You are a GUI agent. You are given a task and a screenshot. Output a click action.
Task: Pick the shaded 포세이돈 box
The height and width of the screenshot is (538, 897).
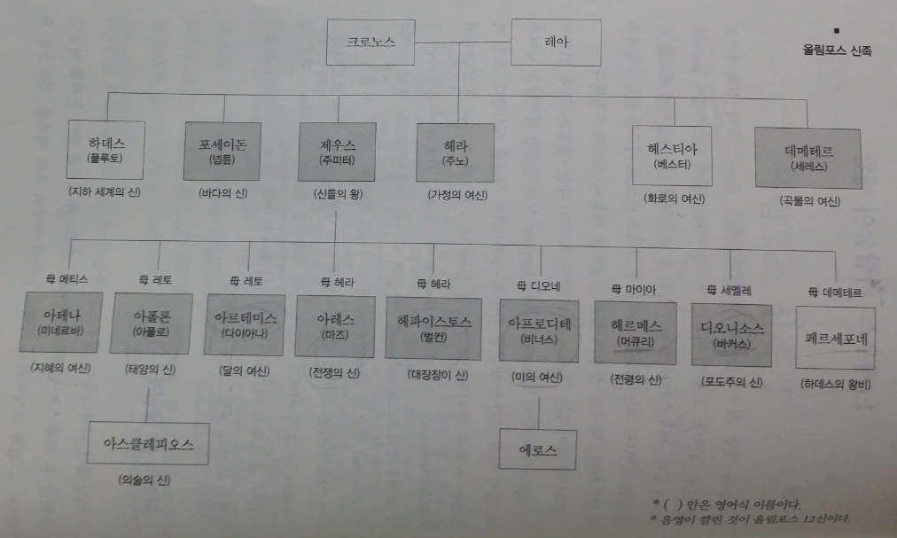tap(222, 151)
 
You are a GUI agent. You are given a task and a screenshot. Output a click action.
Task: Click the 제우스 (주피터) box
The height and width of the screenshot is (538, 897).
tap(336, 151)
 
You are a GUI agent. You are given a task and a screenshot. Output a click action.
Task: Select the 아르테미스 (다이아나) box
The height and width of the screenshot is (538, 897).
tap(245, 324)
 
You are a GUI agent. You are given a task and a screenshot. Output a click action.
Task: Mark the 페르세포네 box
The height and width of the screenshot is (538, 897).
tap(835, 337)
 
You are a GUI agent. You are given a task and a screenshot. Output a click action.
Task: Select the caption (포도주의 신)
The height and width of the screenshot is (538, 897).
tap(732, 381)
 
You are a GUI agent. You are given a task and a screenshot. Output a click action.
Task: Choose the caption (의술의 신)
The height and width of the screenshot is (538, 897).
tap(145, 481)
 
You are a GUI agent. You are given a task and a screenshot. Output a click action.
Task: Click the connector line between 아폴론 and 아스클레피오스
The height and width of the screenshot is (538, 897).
tap(147, 403)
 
